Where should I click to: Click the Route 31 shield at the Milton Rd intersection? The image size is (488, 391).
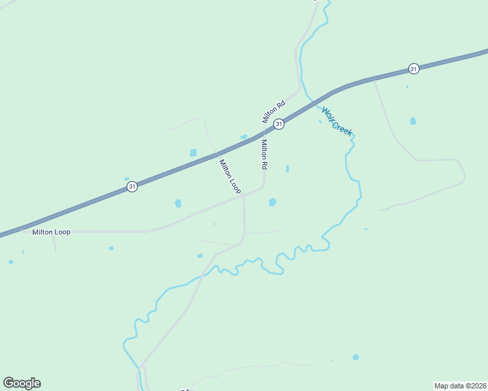(x=279, y=124)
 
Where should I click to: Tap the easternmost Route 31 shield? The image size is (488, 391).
(x=414, y=68)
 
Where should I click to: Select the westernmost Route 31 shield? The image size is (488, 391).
(x=132, y=187)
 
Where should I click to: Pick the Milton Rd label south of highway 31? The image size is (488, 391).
(x=265, y=155)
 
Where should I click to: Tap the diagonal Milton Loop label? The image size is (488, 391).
(x=230, y=177)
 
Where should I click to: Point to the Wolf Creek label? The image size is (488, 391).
(x=337, y=121)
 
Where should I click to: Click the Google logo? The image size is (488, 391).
(x=22, y=383)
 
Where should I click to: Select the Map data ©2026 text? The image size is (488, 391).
(x=460, y=385)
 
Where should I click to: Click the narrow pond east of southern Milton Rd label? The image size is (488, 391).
(x=287, y=169)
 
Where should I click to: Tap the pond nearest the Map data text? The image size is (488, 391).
(x=356, y=357)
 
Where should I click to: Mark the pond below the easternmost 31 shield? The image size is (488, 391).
(x=413, y=121)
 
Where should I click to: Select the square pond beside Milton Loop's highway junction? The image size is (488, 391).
(x=193, y=152)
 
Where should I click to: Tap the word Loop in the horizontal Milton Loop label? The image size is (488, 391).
(x=62, y=232)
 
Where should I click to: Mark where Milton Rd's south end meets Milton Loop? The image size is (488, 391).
(x=264, y=187)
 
